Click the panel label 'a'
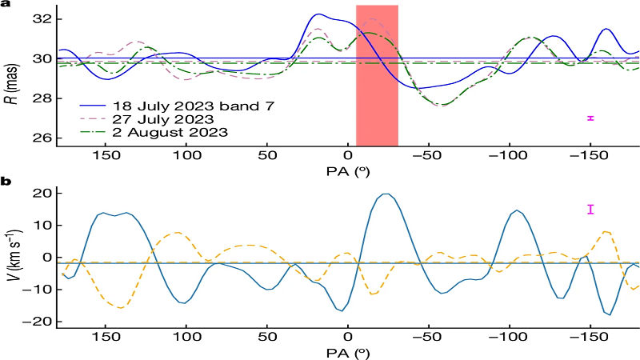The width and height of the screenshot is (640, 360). click(x=6, y=6)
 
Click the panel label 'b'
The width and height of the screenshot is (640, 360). click(x=6, y=183)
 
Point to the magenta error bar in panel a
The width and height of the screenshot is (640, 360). click(x=590, y=118)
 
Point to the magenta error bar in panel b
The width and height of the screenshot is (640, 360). click(x=590, y=210)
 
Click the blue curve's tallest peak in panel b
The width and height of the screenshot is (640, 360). click(x=387, y=194)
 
